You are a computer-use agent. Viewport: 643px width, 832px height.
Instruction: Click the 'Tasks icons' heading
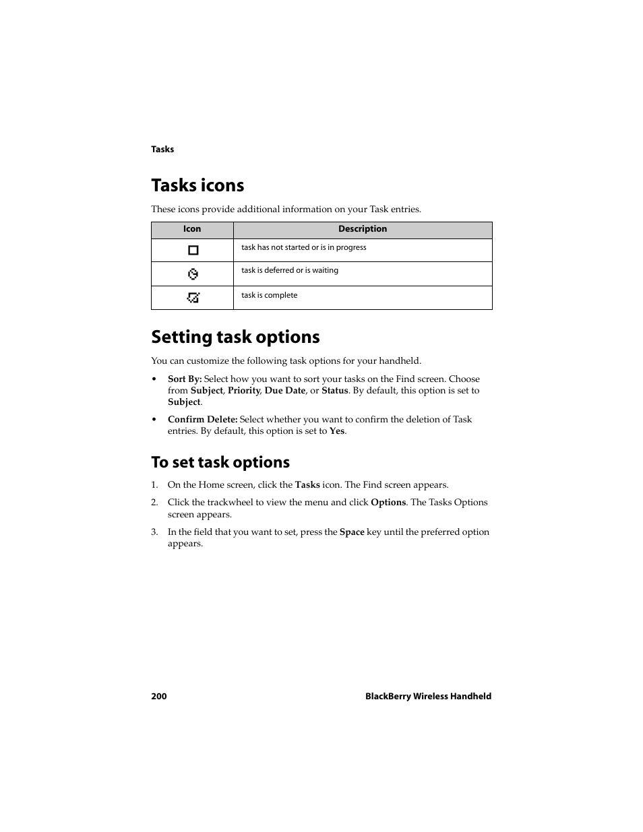click(197, 185)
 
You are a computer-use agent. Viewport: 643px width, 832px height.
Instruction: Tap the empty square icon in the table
click(193, 250)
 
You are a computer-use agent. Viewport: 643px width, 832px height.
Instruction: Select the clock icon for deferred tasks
click(193, 274)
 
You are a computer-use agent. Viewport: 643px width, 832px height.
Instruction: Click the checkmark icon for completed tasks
click(193, 297)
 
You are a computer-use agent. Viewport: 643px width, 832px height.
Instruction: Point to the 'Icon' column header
click(192, 229)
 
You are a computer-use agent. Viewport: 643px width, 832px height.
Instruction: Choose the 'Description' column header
click(363, 229)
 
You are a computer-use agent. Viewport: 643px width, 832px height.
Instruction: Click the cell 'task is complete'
click(270, 295)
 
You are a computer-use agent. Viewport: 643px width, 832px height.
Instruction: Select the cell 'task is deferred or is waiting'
click(290, 270)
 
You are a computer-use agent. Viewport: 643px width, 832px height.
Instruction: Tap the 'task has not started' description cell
click(304, 247)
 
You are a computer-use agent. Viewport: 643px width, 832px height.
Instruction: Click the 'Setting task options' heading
click(235, 337)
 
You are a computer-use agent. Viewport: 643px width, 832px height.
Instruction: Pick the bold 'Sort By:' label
click(185, 379)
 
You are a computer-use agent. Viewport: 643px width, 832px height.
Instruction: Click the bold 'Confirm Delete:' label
click(202, 419)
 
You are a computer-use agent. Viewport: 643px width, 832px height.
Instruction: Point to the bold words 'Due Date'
click(284, 390)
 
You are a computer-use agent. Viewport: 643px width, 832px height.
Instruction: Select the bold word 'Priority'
click(243, 390)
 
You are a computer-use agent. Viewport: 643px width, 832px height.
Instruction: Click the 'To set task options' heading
click(220, 462)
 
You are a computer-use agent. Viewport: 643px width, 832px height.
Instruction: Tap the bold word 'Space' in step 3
click(352, 532)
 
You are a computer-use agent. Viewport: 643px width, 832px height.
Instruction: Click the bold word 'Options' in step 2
click(388, 502)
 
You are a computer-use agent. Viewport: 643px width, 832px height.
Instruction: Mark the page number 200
click(159, 696)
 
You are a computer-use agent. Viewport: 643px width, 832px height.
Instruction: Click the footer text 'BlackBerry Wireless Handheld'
click(428, 696)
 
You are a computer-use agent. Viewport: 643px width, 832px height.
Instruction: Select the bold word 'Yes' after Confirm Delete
click(336, 430)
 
